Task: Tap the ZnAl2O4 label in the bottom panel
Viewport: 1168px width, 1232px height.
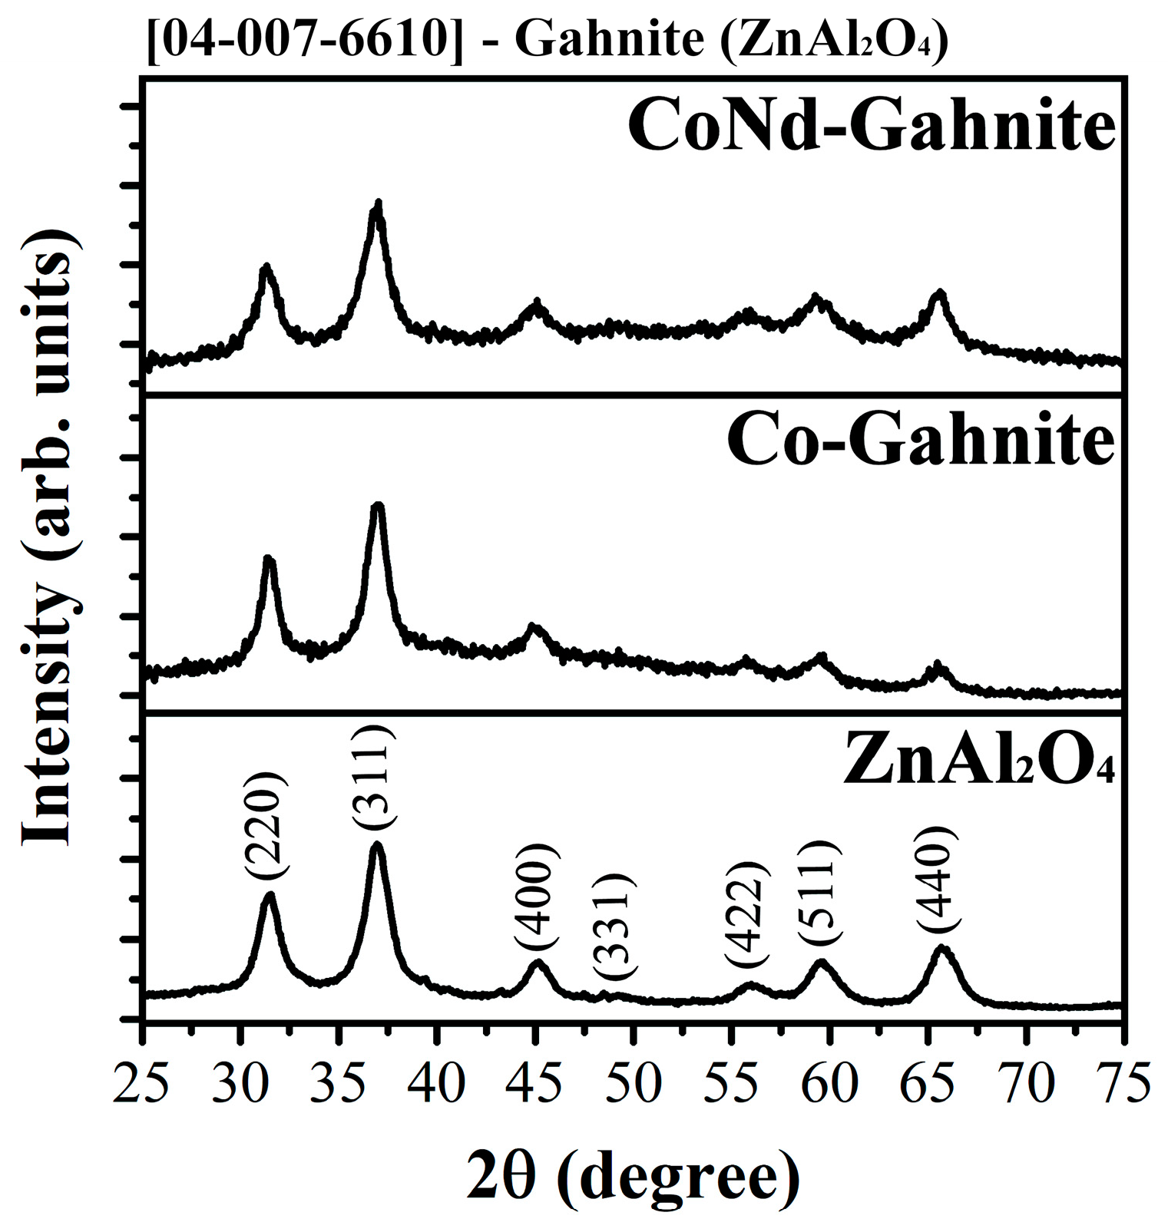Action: coord(978,759)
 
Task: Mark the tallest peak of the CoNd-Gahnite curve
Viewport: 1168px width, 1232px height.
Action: coord(377,204)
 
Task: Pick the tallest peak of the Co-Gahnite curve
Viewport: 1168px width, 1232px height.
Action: coord(377,506)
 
